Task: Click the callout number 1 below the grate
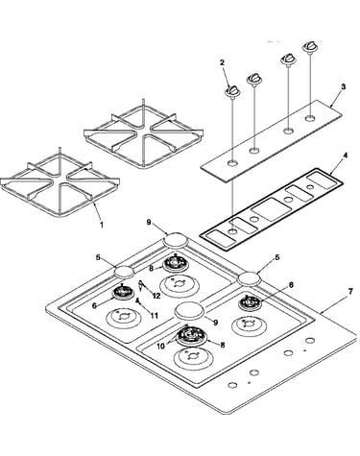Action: point(102,225)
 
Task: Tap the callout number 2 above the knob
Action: point(222,62)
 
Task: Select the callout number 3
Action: point(343,86)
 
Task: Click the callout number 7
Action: point(350,291)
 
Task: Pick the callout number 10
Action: point(161,346)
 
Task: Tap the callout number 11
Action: point(155,316)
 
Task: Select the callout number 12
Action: point(156,296)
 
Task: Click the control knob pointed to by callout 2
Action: point(232,91)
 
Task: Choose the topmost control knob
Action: point(309,46)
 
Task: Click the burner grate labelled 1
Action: point(60,183)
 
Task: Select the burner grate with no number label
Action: point(143,133)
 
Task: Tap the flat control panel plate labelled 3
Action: point(272,141)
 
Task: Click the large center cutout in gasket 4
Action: point(272,209)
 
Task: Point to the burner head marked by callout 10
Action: point(191,336)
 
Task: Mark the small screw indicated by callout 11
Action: point(138,300)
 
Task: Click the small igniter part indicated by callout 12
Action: point(141,284)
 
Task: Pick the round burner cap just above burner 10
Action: point(189,310)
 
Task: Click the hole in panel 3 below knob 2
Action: point(233,163)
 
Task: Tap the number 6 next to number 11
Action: point(94,305)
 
